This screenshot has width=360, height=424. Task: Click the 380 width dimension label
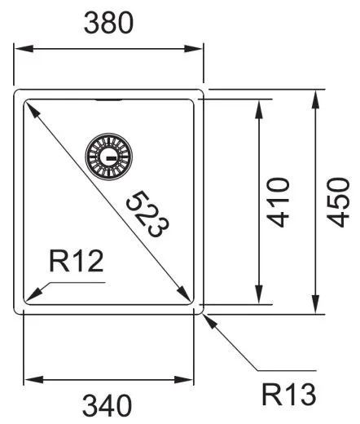pyautogui.click(x=109, y=24)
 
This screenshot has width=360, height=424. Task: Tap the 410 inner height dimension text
pyautogui.click(x=279, y=201)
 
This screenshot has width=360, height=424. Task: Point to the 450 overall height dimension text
pyautogui.click(x=337, y=201)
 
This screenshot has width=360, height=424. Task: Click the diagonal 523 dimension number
pyautogui.click(x=147, y=214)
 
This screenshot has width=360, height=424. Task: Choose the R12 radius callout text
pyautogui.click(x=75, y=262)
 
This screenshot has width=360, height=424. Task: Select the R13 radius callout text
pyautogui.click(x=288, y=395)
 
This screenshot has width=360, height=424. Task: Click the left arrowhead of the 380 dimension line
pyautogui.click(x=20, y=50)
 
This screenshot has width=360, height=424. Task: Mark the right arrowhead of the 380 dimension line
pyautogui.click(x=200, y=50)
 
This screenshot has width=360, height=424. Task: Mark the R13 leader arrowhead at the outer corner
pyautogui.click(x=206, y=317)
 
